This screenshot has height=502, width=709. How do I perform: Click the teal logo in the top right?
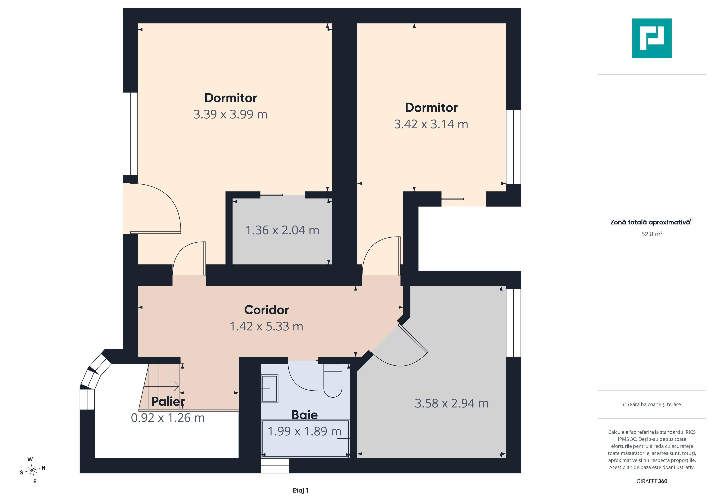(652, 38)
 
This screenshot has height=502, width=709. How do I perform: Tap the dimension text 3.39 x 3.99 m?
(230, 114)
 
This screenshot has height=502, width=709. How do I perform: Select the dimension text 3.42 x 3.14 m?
(431, 124)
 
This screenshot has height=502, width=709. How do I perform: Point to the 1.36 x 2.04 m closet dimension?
(282, 230)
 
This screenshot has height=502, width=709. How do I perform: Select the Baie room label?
(304, 415)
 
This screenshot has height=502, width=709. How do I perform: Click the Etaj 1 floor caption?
(300, 490)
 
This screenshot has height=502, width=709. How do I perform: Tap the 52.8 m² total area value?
(652, 234)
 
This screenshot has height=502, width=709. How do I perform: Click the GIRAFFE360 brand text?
(652, 481)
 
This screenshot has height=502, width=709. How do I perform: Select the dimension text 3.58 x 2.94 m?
(451, 403)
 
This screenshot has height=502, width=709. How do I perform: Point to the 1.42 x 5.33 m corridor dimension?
(266, 326)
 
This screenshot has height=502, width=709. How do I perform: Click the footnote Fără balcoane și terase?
(652, 404)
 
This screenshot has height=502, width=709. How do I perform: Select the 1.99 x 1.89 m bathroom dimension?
(304, 432)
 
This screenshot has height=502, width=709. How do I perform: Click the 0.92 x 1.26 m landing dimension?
(168, 418)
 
